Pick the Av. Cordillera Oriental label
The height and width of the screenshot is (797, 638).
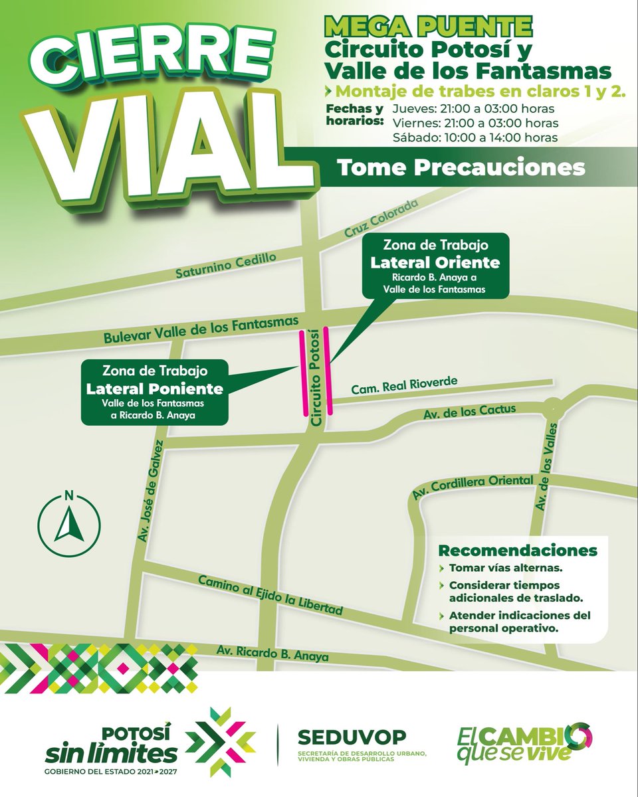pos(473,487)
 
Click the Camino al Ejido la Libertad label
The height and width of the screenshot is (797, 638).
pos(270,594)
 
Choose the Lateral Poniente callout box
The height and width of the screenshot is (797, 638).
pos(154,392)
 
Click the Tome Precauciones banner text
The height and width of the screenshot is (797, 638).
pos(461,167)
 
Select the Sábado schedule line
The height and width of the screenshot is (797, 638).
pos(475,137)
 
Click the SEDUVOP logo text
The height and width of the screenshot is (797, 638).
pos(352,737)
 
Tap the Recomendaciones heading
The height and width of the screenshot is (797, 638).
pos(517,551)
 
